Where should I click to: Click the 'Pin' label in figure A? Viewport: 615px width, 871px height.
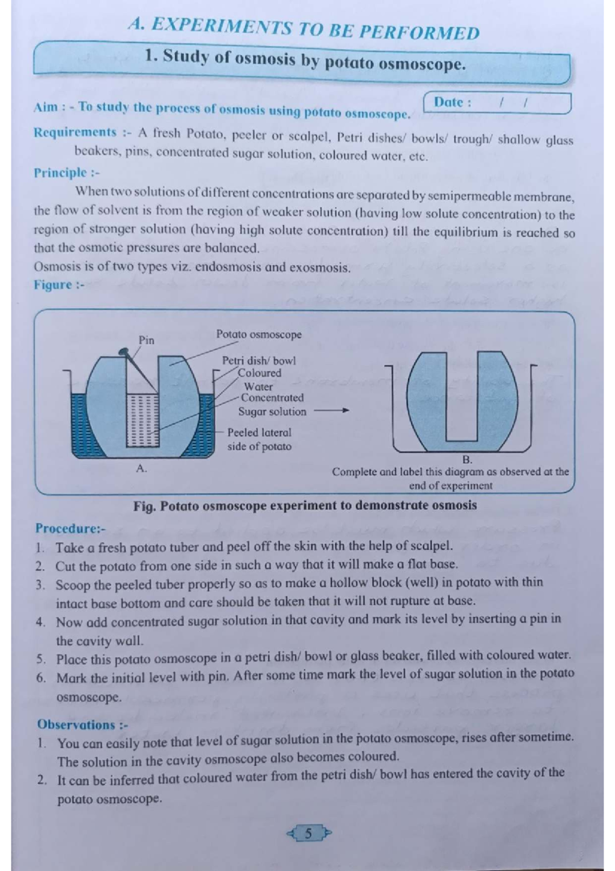[x=146, y=340]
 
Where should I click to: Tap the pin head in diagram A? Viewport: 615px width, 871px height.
[x=123, y=351]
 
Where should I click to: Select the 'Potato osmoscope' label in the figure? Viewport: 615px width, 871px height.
[x=258, y=334]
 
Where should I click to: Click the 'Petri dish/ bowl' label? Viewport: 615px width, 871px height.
[x=258, y=361]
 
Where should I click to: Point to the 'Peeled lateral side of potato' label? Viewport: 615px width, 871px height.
[x=259, y=440]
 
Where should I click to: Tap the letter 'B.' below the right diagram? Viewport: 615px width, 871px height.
[x=467, y=459]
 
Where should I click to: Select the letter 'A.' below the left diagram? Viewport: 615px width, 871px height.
[x=141, y=468]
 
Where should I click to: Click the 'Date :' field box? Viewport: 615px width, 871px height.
[x=497, y=103]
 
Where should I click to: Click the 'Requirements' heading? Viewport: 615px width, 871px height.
[x=75, y=132]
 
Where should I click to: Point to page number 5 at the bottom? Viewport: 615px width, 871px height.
[x=308, y=833]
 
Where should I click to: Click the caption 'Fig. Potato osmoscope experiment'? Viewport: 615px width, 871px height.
[x=305, y=506]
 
